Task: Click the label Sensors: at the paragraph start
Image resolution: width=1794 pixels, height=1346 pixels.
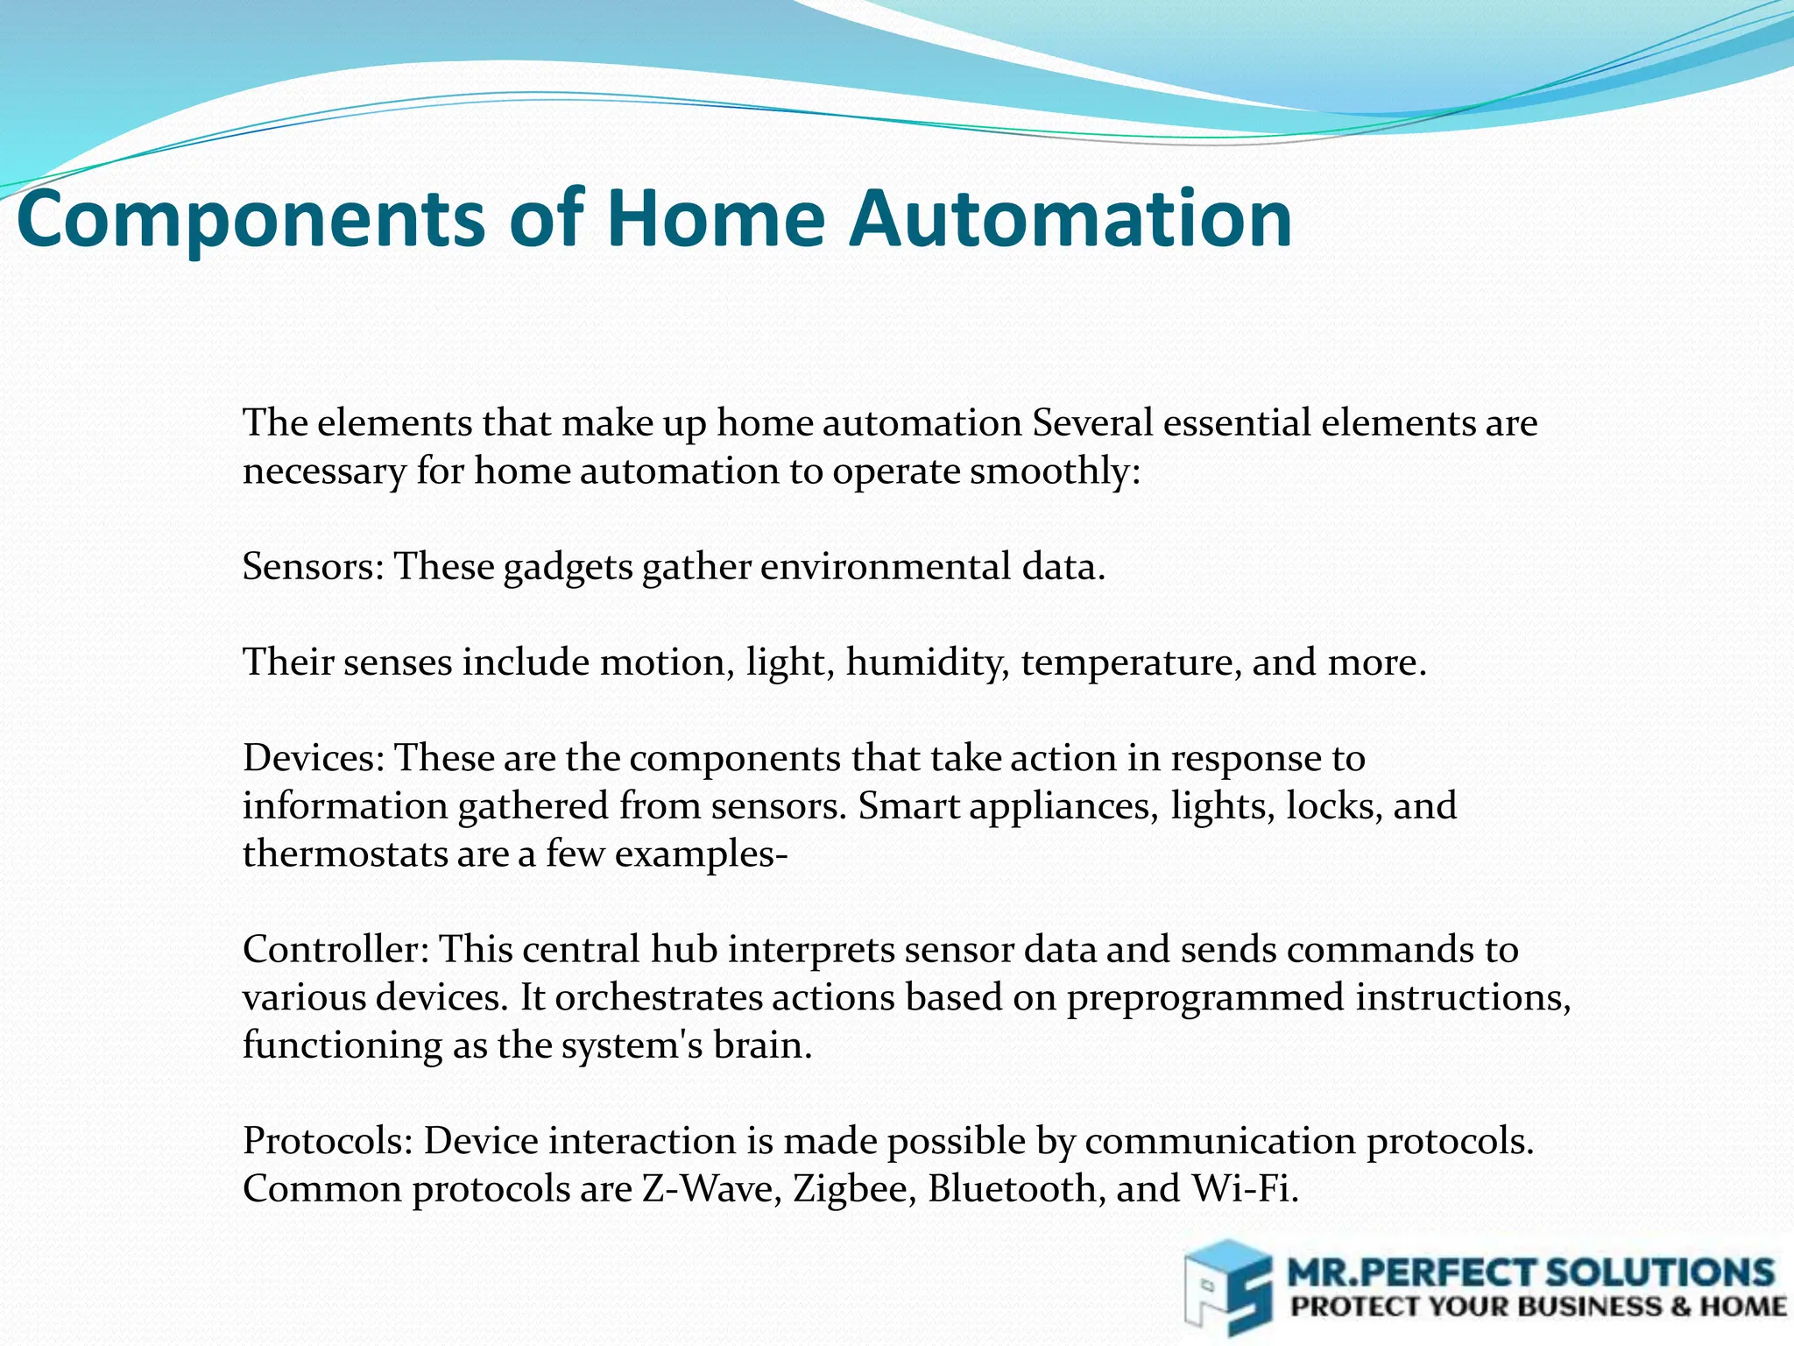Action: (x=313, y=567)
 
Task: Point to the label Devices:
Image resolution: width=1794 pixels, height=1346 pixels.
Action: (x=314, y=758)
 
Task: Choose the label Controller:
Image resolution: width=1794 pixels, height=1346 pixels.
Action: (x=335, y=950)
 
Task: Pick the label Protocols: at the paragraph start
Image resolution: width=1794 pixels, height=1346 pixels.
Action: (x=328, y=1141)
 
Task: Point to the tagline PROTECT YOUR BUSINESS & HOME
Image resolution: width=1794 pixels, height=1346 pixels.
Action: (x=1538, y=1307)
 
